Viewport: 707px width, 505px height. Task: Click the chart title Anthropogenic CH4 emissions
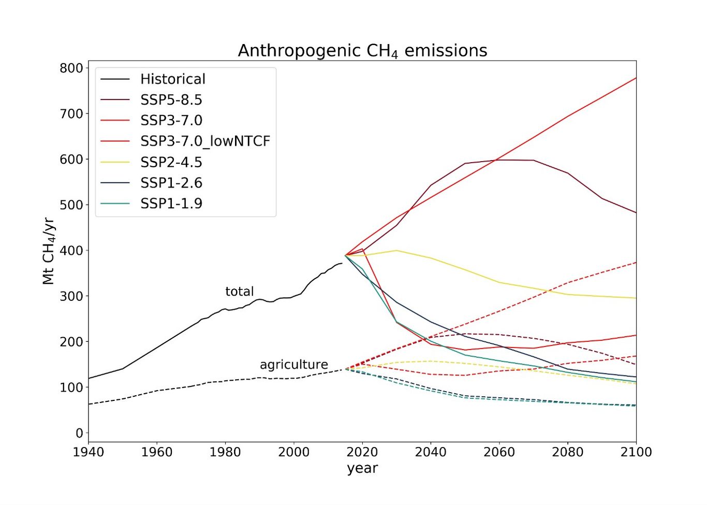coord(362,51)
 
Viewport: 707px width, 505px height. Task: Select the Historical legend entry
coord(172,79)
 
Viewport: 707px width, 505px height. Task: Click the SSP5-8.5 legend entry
coord(171,100)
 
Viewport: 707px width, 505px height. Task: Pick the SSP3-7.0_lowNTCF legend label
coord(205,141)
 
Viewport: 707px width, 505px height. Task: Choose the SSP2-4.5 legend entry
coord(171,162)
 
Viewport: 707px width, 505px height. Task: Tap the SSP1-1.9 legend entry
coord(171,204)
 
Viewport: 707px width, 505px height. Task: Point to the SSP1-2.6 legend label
coord(171,183)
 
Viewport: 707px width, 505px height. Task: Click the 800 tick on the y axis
coord(71,68)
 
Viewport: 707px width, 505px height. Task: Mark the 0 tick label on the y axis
coord(79,433)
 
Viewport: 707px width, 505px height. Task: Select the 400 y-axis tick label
coord(71,251)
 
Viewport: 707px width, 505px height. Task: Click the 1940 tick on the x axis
coord(89,452)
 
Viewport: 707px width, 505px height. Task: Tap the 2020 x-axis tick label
coord(362,452)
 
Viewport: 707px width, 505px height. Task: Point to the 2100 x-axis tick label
coord(636,452)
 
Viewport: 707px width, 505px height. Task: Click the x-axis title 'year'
coord(362,468)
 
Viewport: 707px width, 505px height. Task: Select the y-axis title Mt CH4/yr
coord(48,251)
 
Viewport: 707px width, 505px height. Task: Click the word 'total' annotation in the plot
coord(240,292)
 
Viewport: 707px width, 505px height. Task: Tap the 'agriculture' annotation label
coord(294,365)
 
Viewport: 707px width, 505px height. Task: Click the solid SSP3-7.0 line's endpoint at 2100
coord(636,78)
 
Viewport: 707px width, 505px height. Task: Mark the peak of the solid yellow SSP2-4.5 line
coord(396,251)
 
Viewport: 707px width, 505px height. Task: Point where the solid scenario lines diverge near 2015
coord(346,255)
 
